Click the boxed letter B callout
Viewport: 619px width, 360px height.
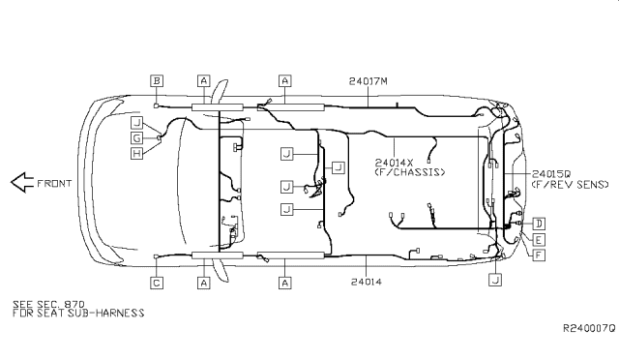point(157,81)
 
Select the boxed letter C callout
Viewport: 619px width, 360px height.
point(157,283)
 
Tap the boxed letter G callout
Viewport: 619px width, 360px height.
point(136,138)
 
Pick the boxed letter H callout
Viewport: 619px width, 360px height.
point(136,153)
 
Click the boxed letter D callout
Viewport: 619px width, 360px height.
point(539,224)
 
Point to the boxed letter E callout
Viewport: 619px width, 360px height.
point(539,239)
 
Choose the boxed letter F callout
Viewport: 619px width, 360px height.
point(539,255)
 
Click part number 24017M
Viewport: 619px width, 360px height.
point(368,81)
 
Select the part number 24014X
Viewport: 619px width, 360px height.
point(394,163)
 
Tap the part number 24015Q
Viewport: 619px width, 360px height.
point(551,174)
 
